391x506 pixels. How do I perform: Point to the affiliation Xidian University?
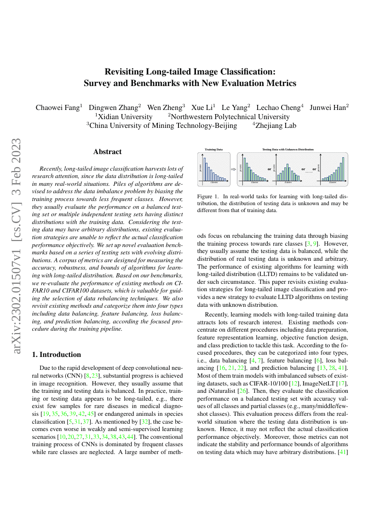tap(125, 116)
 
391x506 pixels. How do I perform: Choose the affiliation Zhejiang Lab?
tap(276, 125)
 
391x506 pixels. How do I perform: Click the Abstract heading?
tap(107, 152)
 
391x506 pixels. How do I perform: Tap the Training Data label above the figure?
tap(213, 149)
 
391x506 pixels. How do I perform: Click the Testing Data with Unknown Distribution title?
tap(288, 149)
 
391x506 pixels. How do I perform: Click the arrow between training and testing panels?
tap(233, 169)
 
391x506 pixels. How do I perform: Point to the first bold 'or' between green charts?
tap(270, 169)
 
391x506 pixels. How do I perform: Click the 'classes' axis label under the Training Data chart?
tap(214, 183)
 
